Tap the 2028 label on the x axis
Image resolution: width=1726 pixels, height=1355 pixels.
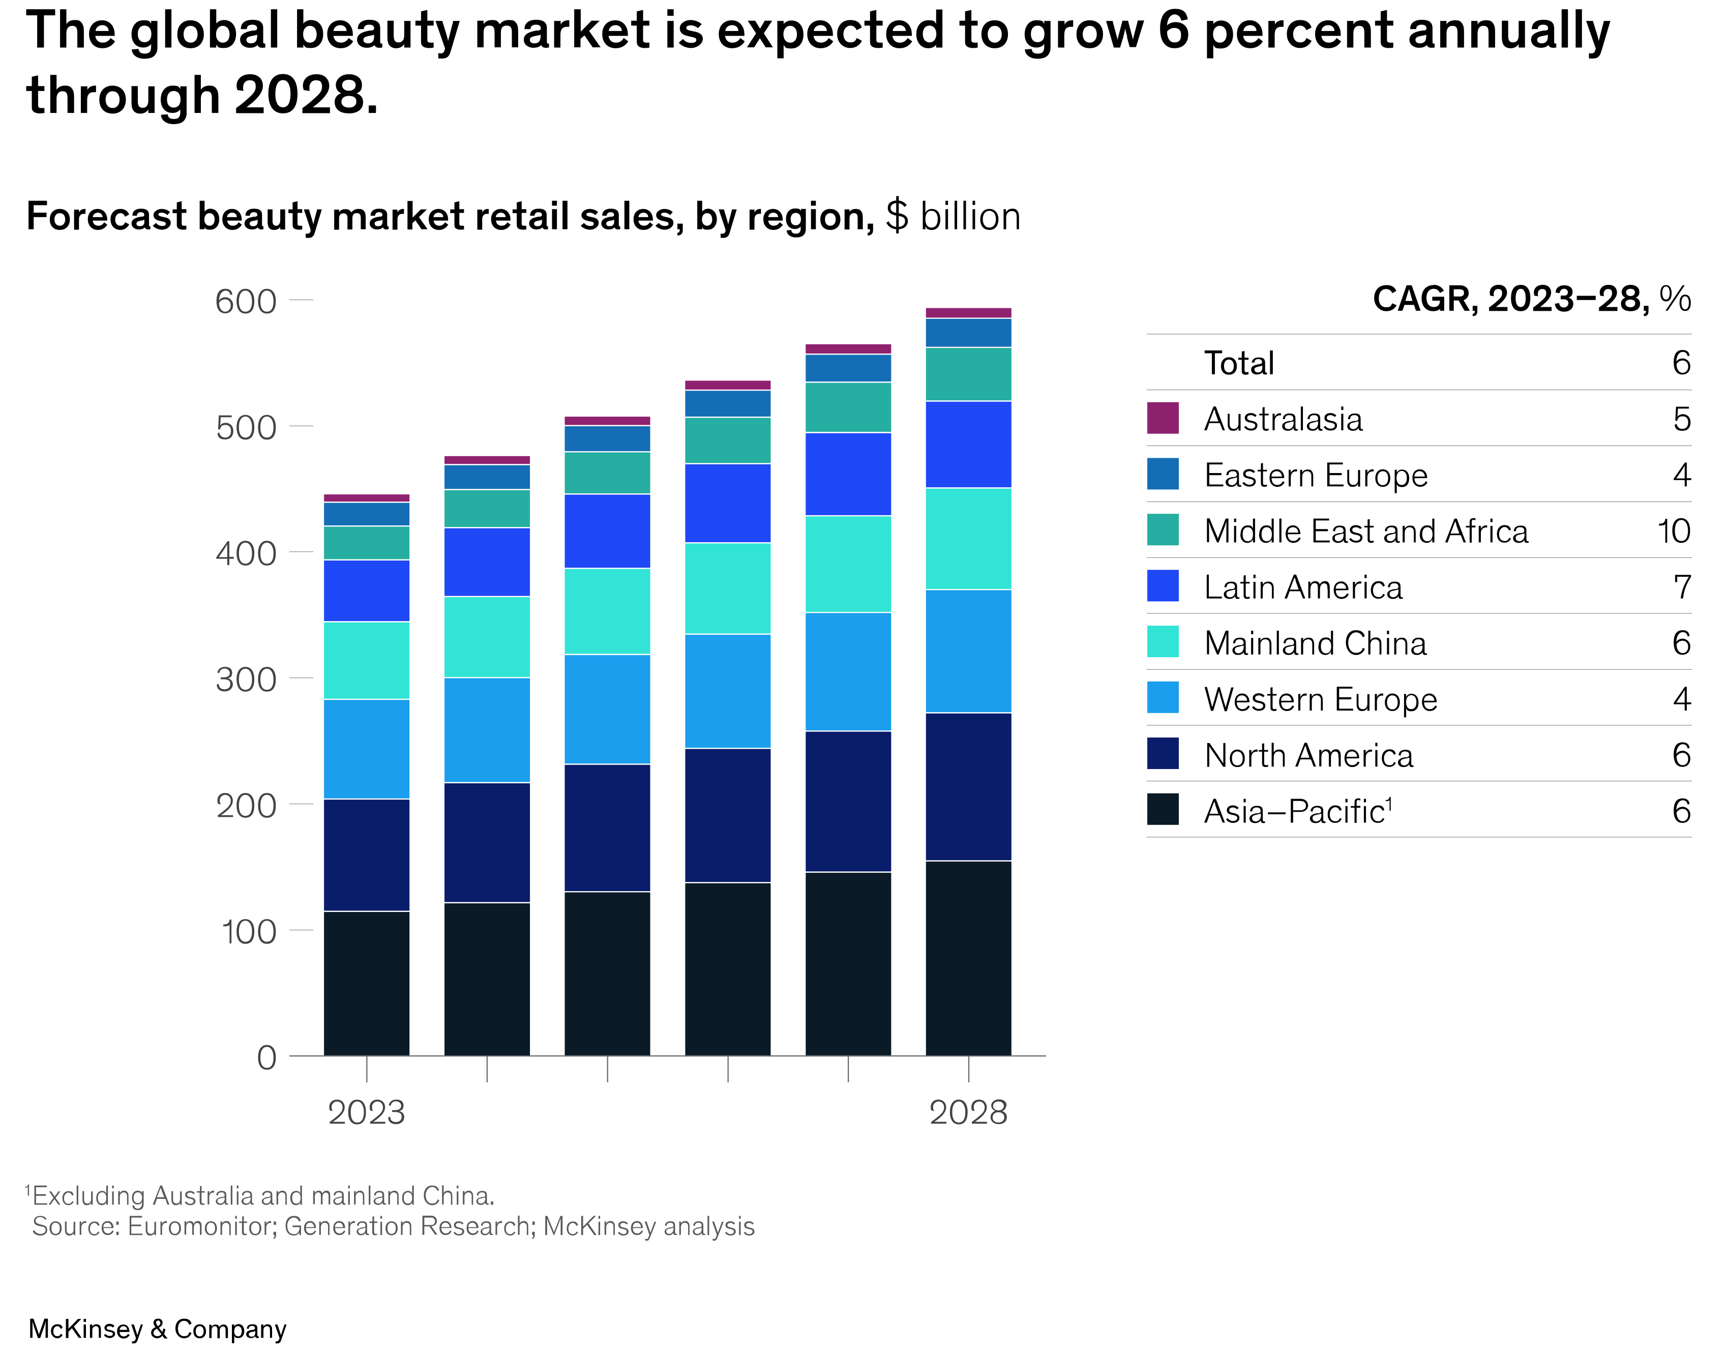pos(968,1112)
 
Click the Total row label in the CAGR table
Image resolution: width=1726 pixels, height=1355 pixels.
pos(1238,363)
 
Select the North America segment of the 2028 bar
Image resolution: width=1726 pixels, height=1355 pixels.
pos(968,786)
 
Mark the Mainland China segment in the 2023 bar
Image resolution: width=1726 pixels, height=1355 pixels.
pos(367,660)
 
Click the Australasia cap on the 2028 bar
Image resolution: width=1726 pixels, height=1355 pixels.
pos(968,313)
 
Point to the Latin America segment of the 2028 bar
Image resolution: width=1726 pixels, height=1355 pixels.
pos(968,444)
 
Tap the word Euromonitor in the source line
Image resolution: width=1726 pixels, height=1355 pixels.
pos(201,1226)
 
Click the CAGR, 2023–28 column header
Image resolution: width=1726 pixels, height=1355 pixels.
pos(1531,299)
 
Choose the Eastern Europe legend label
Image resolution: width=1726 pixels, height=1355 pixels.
pos(1315,475)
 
